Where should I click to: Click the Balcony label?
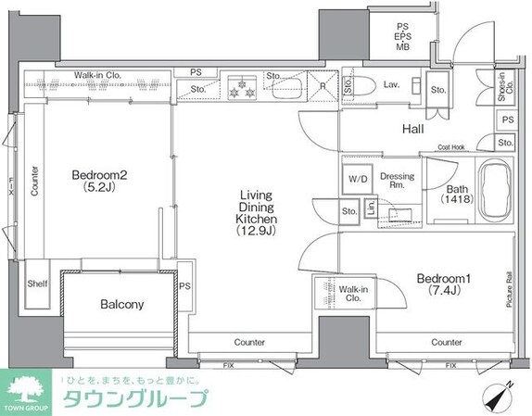120,304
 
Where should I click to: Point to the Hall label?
412,130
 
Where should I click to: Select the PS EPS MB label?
404,36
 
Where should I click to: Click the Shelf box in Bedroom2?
36,284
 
